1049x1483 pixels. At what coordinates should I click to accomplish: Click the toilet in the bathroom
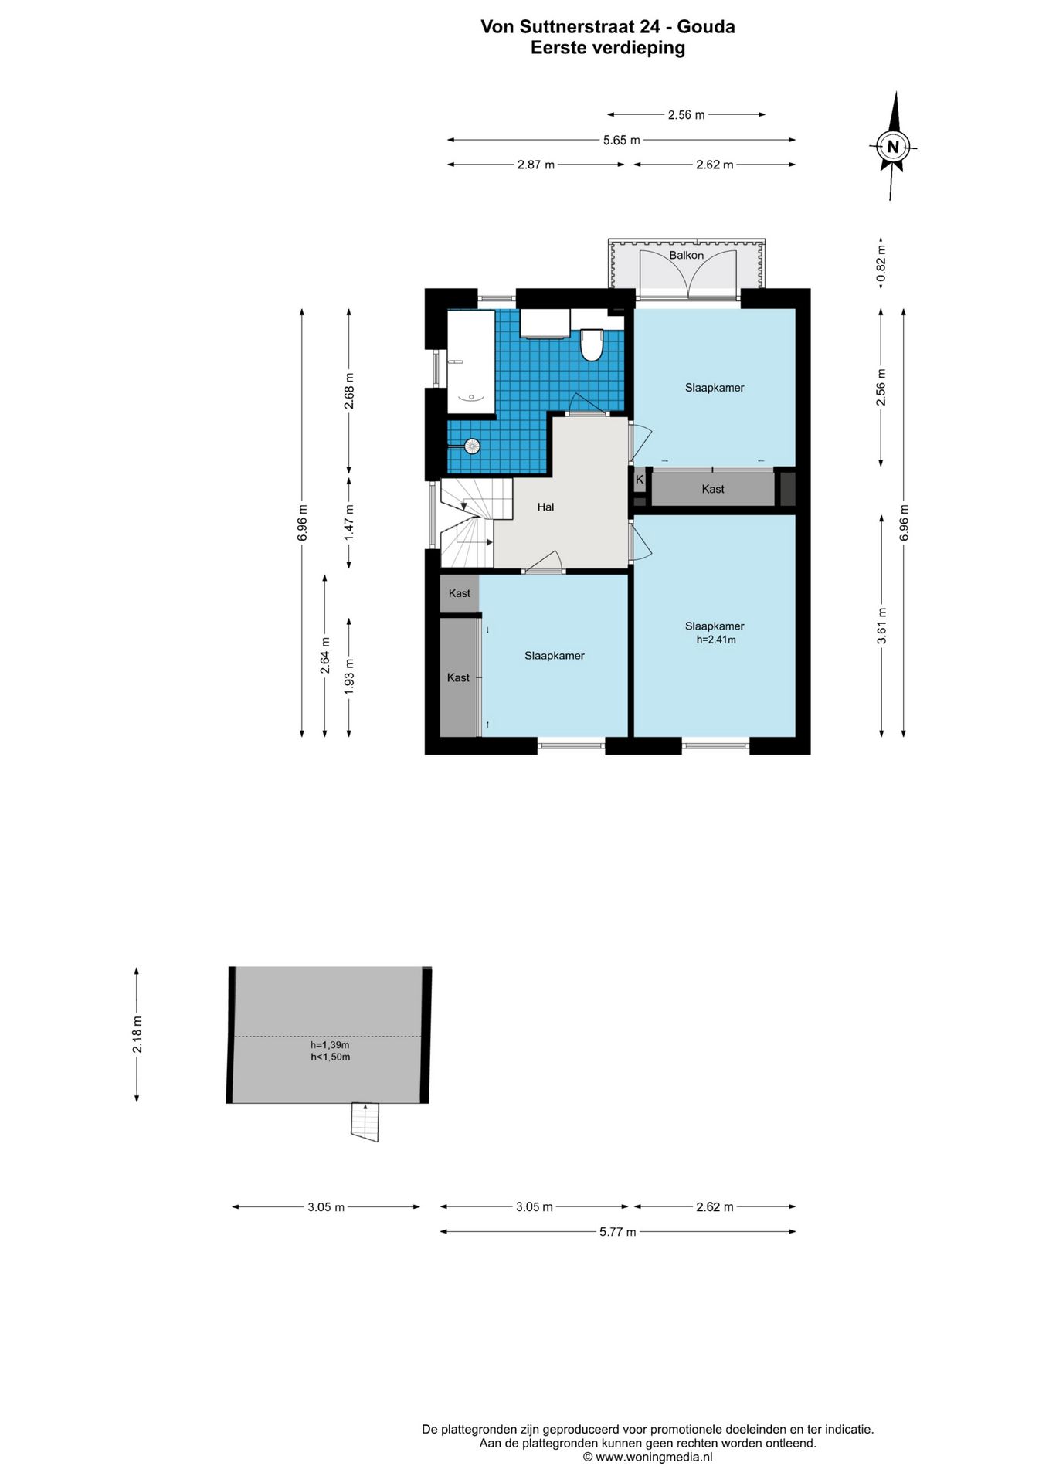pos(592,344)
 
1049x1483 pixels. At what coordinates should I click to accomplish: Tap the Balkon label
pos(686,255)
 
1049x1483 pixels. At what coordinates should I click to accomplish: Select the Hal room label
pos(545,507)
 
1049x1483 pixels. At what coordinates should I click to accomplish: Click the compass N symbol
pos(893,146)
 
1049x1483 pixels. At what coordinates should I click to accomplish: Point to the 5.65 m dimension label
pos(621,140)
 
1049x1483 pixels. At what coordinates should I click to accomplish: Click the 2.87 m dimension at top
pos(536,165)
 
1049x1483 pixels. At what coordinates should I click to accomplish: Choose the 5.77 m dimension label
pos(617,1231)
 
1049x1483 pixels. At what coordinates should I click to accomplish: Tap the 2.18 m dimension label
pos(137,1035)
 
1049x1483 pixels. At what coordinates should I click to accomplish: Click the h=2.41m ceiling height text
pos(715,640)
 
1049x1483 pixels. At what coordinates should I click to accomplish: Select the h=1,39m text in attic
pos(330,1045)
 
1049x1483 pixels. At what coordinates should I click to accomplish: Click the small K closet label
pos(640,479)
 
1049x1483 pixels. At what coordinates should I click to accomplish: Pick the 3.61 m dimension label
pos(882,626)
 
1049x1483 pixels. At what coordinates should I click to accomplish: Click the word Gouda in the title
pos(706,27)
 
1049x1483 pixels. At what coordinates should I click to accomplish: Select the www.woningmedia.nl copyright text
pos(647,1457)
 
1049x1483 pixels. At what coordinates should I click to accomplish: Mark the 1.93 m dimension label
pos(349,676)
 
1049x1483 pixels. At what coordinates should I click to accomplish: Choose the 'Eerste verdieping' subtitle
pos(608,48)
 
